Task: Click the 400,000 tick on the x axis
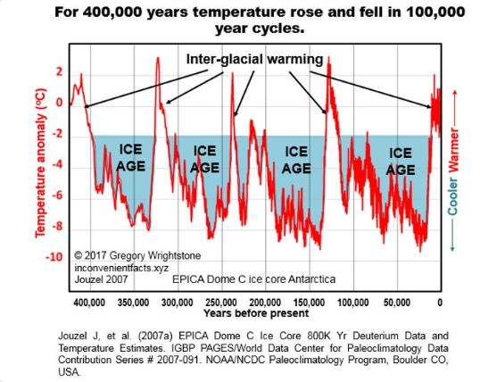(x=88, y=302)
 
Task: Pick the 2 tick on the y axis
(x=58, y=71)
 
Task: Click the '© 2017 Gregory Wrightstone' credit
(x=130, y=254)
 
